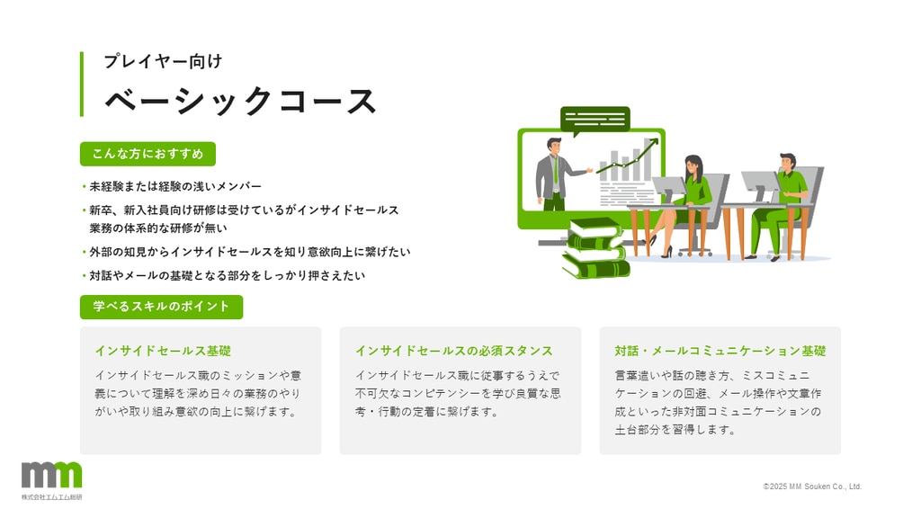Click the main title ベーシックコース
pyautogui.click(x=240, y=101)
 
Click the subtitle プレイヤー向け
pyautogui.click(x=163, y=61)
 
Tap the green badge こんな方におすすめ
pyautogui.click(x=148, y=154)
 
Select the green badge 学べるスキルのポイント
pyautogui.click(x=161, y=307)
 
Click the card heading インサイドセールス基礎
pyautogui.click(x=163, y=351)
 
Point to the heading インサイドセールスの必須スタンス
pyautogui.click(x=453, y=351)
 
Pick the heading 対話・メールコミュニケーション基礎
pyautogui.click(x=720, y=351)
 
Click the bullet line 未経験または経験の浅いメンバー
pyautogui.click(x=175, y=186)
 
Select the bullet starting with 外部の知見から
pyautogui.click(x=250, y=252)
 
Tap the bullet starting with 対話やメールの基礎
pyautogui.click(x=227, y=275)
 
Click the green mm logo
pyautogui.click(x=51, y=475)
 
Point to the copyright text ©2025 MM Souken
pyautogui.click(x=812, y=487)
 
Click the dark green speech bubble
pyautogui.click(x=595, y=120)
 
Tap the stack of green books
pyautogui.click(x=595, y=248)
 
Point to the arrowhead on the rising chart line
pyautogui.click(x=655, y=141)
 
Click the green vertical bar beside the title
pyautogui.click(x=82, y=84)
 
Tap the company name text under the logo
pyautogui.click(x=51, y=496)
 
